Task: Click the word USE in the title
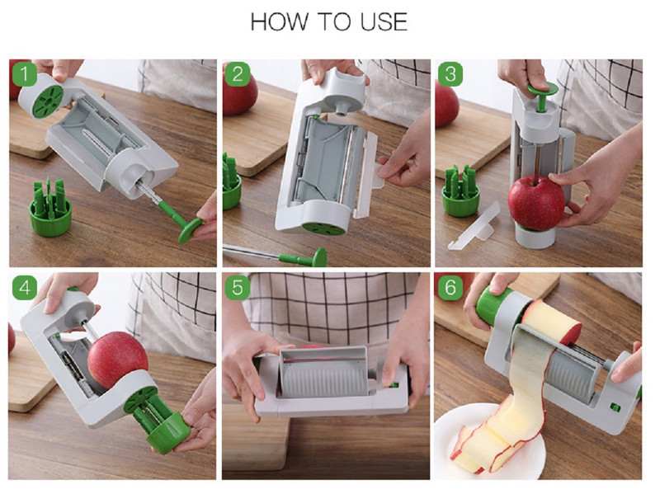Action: [384, 22]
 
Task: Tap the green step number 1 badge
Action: [25, 74]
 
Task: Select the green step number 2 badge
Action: [238, 74]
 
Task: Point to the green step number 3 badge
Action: [450, 74]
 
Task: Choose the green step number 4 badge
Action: [25, 288]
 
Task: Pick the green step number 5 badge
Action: [238, 288]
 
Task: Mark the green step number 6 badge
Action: [450, 288]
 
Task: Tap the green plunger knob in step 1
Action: [191, 230]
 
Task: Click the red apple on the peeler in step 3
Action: [535, 202]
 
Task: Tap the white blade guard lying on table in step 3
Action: [474, 228]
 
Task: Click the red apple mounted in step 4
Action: [117, 360]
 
